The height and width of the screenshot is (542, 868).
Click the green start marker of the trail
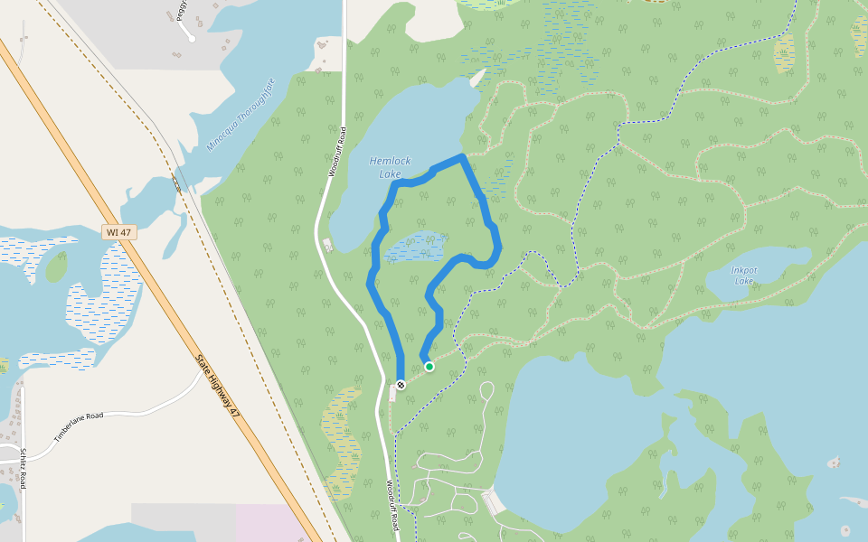pyautogui.click(x=429, y=367)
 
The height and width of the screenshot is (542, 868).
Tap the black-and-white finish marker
pyautogui.click(x=401, y=385)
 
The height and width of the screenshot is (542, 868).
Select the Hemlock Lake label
pyautogui.click(x=390, y=167)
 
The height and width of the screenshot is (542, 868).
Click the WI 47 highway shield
pyautogui.click(x=119, y=233)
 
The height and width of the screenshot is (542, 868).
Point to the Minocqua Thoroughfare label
pyautogui.click(x=241, y=114)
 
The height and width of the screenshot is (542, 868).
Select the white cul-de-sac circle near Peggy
pyautogui.click(x=192, y=39)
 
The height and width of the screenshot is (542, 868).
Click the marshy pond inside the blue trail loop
pyautogui.click(x=415, y=245)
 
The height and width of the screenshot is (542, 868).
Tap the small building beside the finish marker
pyautogui.click(x=392, y=391)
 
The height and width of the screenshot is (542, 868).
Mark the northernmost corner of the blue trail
pyautogui.click(x=463, y=157)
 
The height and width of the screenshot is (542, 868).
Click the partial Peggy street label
pyautogui.click(x=182, y=10)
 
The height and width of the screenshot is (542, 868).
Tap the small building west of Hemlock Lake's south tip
pyautogui.click(x=327, y=244)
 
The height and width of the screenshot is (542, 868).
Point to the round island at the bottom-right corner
pyautogui.click(x=844, y=530)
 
